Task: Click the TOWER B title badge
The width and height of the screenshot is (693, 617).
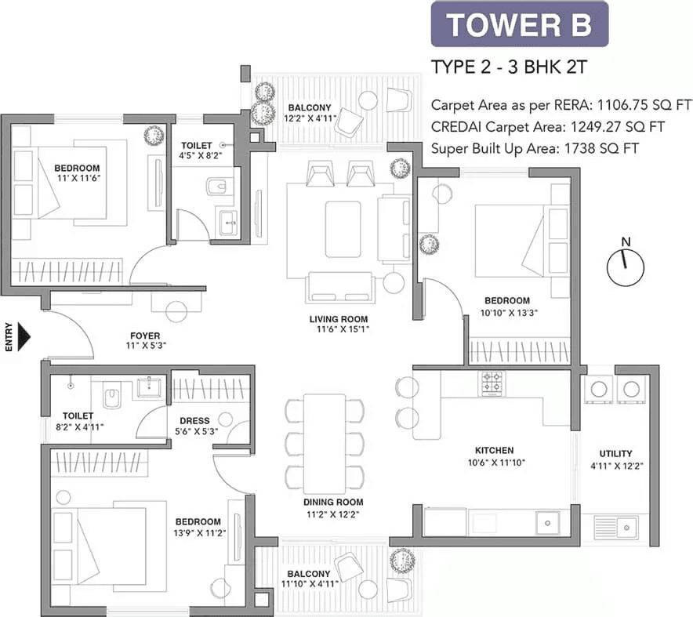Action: (x=519, y=25)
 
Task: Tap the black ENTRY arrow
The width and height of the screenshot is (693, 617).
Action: (x=24, y=338)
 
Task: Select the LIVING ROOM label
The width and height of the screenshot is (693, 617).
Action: (x=338, y=319)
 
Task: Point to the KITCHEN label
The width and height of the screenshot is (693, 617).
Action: (x=494, y=450)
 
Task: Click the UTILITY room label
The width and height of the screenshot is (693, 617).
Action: (x=615, y=453)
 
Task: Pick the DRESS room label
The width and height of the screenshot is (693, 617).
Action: (x=194, y=420)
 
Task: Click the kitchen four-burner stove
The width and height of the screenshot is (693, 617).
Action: (x=492, y=383)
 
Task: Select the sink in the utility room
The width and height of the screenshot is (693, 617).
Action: (x=626, y=527)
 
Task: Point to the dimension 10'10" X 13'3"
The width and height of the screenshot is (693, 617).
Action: (x=506, y=312)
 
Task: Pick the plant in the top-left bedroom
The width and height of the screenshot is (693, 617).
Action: (x=153, y=135)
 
